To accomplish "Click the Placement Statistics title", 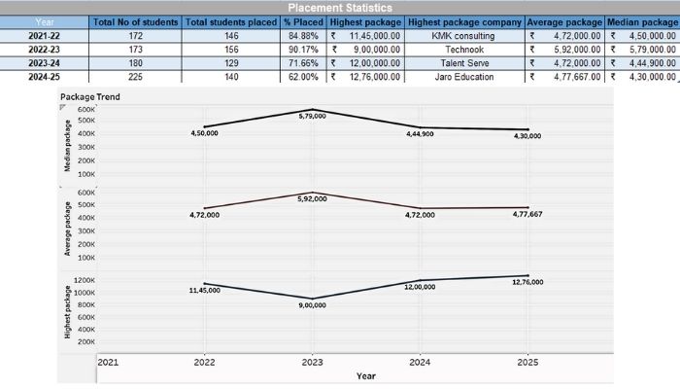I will click(x=339, y=7).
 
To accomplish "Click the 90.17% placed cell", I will click(x=303, y=49).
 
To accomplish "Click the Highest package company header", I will click(x=463, y=21).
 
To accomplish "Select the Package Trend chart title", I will click(x=89, y=96).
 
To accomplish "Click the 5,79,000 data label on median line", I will click(x=312, y=116).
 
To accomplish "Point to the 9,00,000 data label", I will click(x=311, y=304).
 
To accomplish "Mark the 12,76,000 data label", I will click(x=527, y=282).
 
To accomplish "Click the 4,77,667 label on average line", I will click(x=527, y=213).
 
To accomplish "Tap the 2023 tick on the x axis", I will click(x=312, y=362).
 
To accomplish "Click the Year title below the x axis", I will click(x=365, y=375).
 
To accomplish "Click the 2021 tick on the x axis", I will click(x=107, y=362).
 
